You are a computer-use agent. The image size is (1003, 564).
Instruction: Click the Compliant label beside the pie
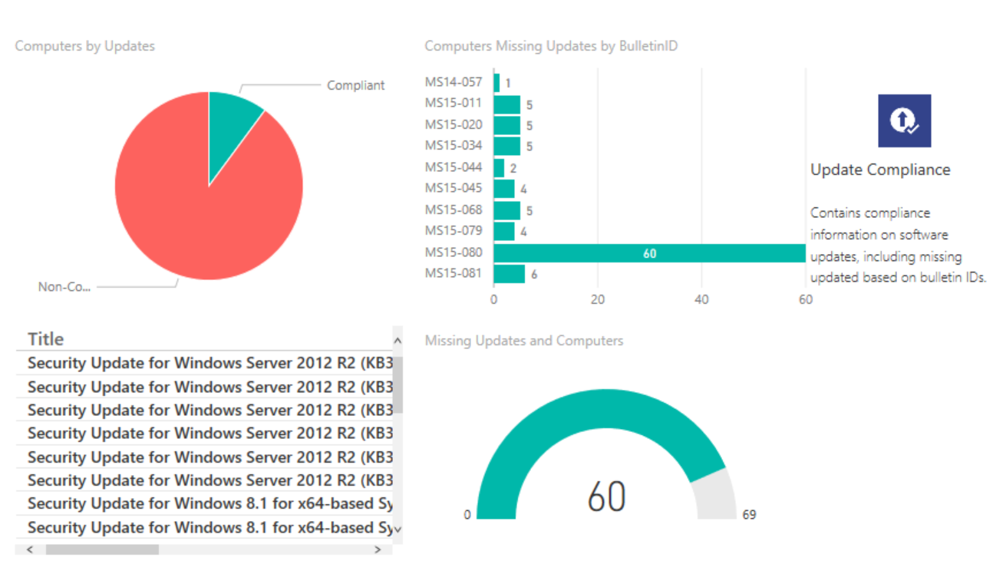click(355, 85)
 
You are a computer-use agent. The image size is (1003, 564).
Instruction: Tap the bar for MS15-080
click(649, 253)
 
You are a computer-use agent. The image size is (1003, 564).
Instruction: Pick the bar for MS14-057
click(497, 83)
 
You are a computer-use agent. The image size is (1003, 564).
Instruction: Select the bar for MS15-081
click(509, 274)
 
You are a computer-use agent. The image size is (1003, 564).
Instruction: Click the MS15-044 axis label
click(454, 167)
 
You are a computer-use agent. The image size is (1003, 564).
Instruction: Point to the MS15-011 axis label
click(454, 103)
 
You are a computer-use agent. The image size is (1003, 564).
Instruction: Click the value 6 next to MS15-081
click(534, 275)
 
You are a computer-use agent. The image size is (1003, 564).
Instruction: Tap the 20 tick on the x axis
click(598, 300)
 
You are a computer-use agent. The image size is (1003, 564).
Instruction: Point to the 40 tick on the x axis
click(701, 300)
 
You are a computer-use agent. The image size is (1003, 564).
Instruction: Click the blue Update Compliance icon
click(904, 120)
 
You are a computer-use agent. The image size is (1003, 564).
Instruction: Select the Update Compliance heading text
click(880, 170)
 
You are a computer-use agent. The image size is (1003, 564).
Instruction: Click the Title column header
click(46, 339)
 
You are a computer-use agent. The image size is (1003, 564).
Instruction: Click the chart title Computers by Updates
click(84, 46)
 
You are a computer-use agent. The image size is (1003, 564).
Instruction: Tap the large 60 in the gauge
click(606, 496)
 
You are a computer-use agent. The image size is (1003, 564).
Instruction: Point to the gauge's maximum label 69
click(749, 515)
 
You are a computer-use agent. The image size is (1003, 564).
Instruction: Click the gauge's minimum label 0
click(467, 515)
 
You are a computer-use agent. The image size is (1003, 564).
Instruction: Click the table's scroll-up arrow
click(397, 340)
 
